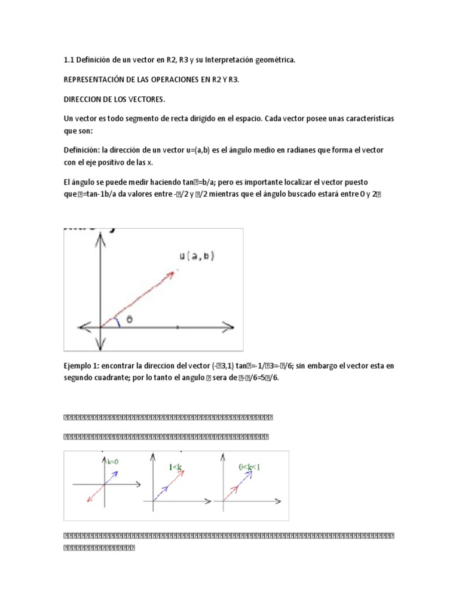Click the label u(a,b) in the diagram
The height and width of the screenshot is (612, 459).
[x=197, y=256]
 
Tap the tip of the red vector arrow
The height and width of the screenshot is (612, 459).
[x=174, y=272]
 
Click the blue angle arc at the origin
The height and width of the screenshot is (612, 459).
[x=120, y=322]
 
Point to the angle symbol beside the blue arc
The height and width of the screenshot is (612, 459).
[x=128, y=319]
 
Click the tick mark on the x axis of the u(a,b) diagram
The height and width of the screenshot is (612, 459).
[x=176, y=327]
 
